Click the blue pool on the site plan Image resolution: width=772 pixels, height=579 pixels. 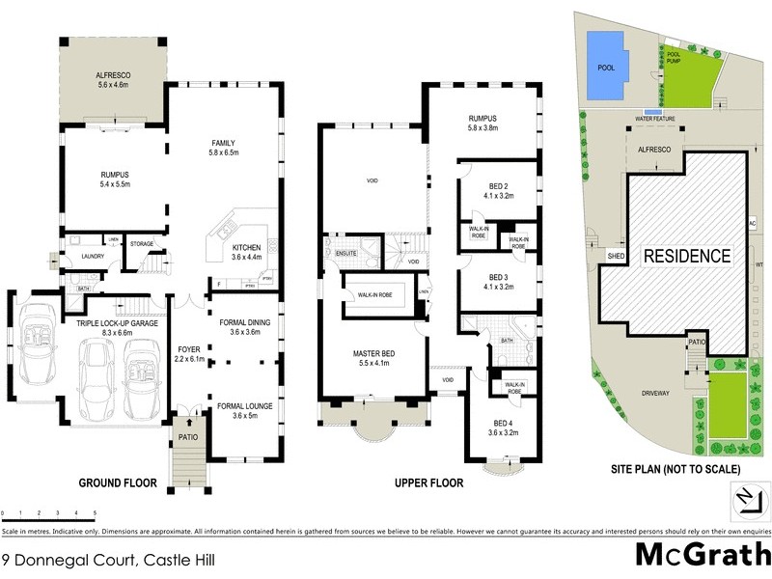pos(606,67)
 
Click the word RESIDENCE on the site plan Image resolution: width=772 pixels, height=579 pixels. pos(686,257)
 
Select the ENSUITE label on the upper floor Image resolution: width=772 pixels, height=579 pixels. pos(345,253)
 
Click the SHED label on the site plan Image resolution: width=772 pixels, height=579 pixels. pos(614,255)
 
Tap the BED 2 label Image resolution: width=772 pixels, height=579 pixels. pos(498,189)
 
